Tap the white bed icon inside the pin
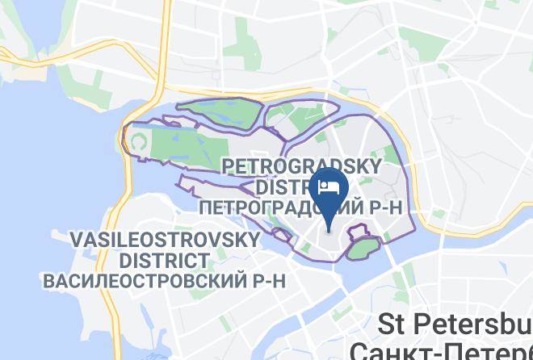tap(329, 187)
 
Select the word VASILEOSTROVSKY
tap(165, 241)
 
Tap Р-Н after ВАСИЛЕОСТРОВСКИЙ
tap(260, 281)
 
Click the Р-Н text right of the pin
tap(385, 207)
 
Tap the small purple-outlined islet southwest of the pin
tap(282, 235)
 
